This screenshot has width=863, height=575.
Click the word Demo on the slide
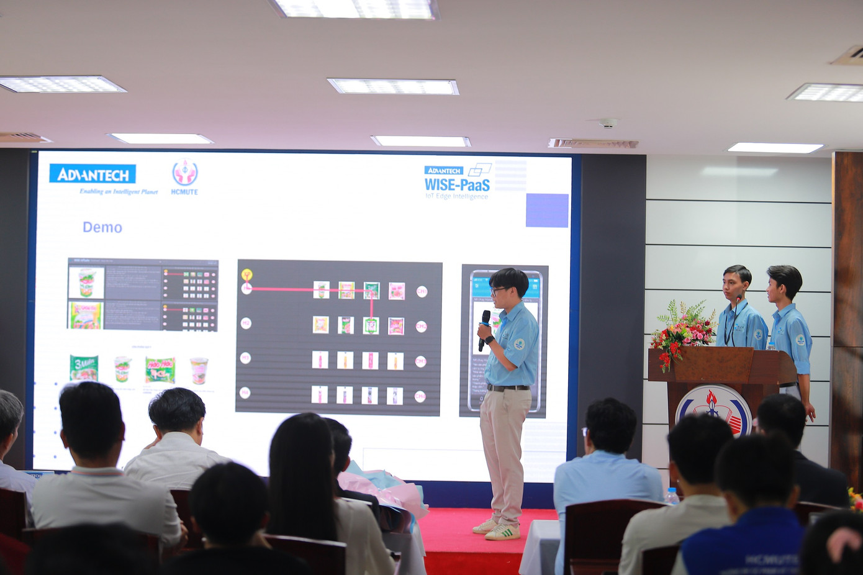pos(102,227)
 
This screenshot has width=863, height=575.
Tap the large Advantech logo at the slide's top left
pos(93,174)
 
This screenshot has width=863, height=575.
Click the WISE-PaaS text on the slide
pos(457,184)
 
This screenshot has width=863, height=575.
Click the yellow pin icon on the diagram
pos(246,274)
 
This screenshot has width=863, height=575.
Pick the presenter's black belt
pos(507,388)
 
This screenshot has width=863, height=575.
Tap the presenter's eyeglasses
pos(498,290)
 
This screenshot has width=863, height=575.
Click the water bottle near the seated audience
pos(671,496)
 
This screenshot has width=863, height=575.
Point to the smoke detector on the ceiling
pos(608,123)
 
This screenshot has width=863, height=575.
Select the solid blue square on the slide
pos(547,210)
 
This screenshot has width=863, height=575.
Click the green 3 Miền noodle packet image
pos(84,368)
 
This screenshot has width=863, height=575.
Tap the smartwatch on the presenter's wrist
pos(489,340)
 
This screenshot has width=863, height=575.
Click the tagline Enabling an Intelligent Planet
pos(118,191)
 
